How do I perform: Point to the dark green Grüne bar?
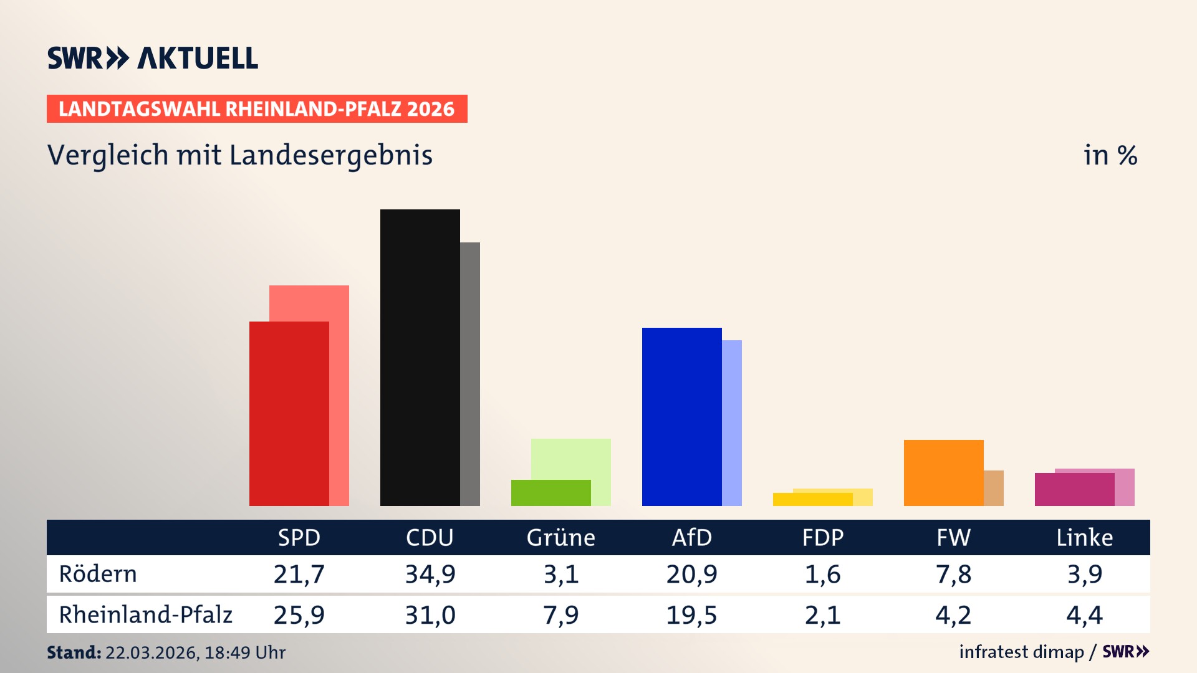click(550, 492)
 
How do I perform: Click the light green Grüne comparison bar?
click(571, 458)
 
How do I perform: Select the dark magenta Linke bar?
click(1074, 489)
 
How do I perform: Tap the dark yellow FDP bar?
click(812, 499)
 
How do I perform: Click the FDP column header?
click(822, 537)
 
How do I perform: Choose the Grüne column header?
click(560, 537)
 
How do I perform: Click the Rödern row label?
click(98, 574)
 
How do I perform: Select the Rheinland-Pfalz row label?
click(145, 615)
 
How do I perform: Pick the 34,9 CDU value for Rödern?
click(430, 574)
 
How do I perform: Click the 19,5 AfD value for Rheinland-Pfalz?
click(691, 615)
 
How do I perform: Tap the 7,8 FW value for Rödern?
click(953, 574)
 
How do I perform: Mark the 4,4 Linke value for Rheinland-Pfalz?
click(1084, 615)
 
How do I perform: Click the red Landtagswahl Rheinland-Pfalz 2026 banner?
click(257, 109)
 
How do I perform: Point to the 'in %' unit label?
click(1110, 155)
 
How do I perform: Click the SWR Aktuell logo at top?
click(153, 58)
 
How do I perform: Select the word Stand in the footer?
click(74, 652)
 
